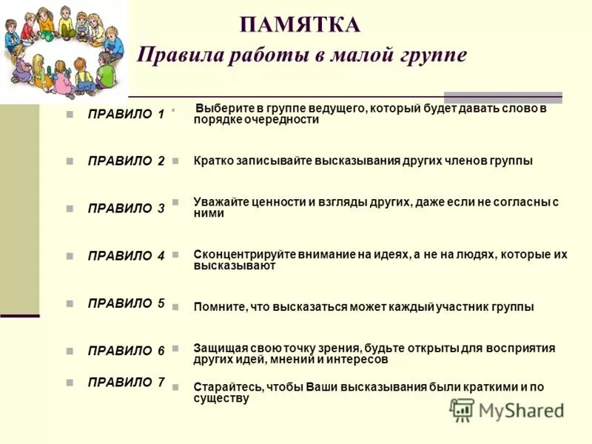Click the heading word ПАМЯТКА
(x=300, y=25)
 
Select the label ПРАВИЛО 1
(x=126, y=114)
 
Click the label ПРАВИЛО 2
(x=126, y=161)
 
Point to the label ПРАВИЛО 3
(x=126, y=209)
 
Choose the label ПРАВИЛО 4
(x=126, y=256)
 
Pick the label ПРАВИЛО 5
(x=126, y=303)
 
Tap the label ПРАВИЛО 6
(x=126, y=351)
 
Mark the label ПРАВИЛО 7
(x=126, y=383)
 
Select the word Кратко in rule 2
(x=212, y=161)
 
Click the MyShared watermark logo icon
(x=462, y=409)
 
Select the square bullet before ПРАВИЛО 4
(x=70, y=257)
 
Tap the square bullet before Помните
(x=175, y=306)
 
